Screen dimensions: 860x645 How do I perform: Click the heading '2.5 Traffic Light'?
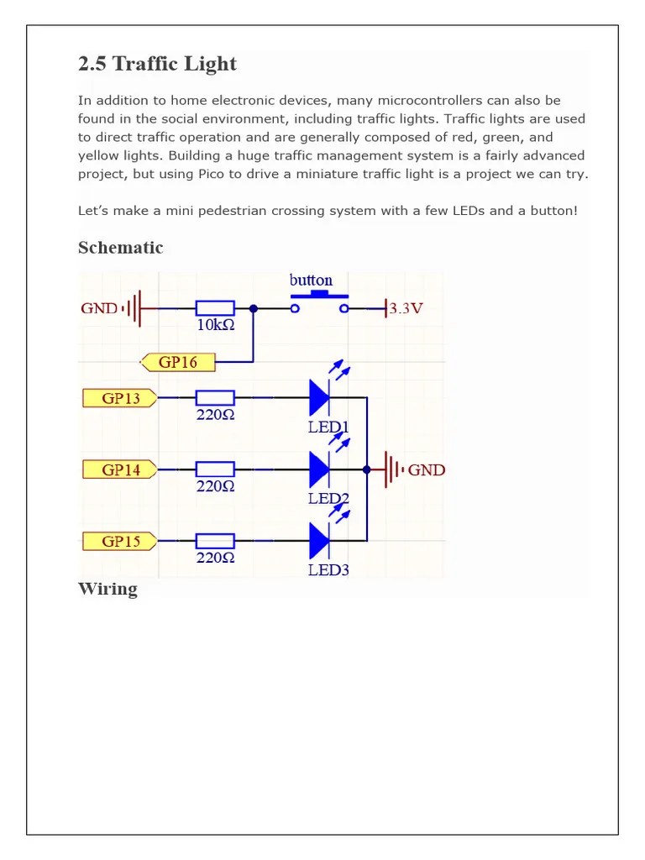pos(157,64)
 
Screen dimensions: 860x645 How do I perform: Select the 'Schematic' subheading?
pos(120,247)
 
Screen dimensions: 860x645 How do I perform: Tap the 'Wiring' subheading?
pos(107,588)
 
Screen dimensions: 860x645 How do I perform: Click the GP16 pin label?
pos(179,362)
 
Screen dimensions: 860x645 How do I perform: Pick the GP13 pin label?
pos(120,397)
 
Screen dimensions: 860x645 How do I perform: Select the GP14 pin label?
pos(120,469)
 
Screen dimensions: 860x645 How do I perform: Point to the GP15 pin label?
pos(120,541)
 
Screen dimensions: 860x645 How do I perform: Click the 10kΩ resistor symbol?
pos(214,308)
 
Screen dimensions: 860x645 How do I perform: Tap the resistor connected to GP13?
pos(214,397)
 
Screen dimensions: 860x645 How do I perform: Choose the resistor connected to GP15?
pos(214,541)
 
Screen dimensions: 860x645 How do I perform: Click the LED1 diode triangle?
pos(319,397)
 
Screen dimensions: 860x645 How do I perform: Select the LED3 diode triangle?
pos(319,541)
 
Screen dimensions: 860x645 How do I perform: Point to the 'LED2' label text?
pos(328,498)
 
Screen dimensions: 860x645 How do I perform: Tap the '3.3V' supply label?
pos(406,308)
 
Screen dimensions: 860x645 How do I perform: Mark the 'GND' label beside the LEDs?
pos(427,469)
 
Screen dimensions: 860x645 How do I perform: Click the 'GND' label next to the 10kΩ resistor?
pos(99,308)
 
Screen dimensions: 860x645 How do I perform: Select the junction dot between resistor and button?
pos(253,308)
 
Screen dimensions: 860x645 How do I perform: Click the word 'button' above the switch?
pos(311,280)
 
